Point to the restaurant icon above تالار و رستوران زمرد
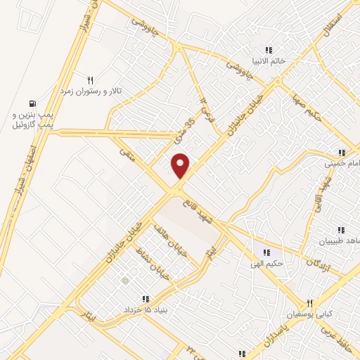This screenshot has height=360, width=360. tap(89, 79)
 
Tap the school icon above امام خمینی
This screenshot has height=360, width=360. tap(342, 153)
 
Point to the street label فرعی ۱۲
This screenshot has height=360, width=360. tap(205, 108)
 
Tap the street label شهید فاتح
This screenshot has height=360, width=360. tap(204, 212)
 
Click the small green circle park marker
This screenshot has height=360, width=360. tap(125, 281)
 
